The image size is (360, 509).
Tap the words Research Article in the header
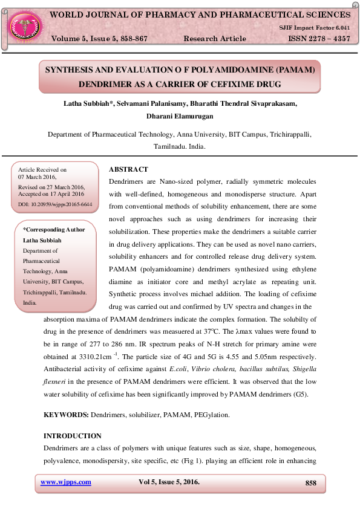pos(214,38)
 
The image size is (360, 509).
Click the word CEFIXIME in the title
pos(254,84)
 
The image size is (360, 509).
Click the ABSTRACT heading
pos(128,169)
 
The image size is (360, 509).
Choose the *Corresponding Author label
pos(54,229)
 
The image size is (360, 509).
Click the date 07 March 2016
pos(38,177)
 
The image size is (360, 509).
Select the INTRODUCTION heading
pos(73,436)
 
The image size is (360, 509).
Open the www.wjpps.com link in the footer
pos(65,482)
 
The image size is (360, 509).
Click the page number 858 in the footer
pos(310,482)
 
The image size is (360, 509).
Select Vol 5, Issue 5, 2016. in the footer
pos(169,482)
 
